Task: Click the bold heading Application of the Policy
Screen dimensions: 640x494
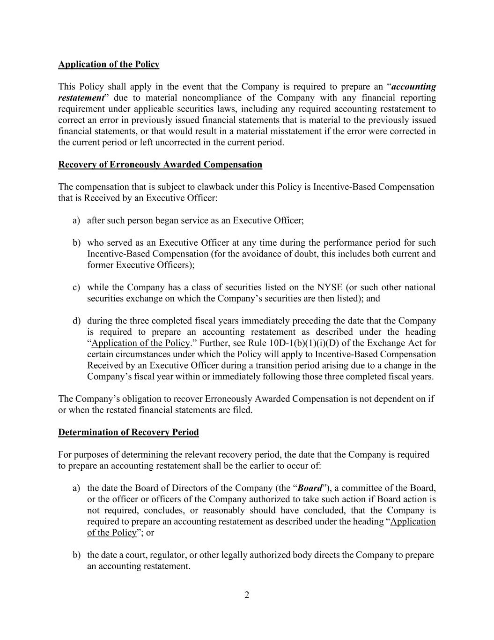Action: point(109,64)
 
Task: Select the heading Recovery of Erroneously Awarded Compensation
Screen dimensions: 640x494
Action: point(160,165)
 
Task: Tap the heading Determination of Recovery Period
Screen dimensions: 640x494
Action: point(128,432)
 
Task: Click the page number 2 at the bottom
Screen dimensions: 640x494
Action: point(247,595)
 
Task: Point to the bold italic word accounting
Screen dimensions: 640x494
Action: point(413,87)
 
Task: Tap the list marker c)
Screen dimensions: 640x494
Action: point(76,287)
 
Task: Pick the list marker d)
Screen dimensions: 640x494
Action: point(76,321)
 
